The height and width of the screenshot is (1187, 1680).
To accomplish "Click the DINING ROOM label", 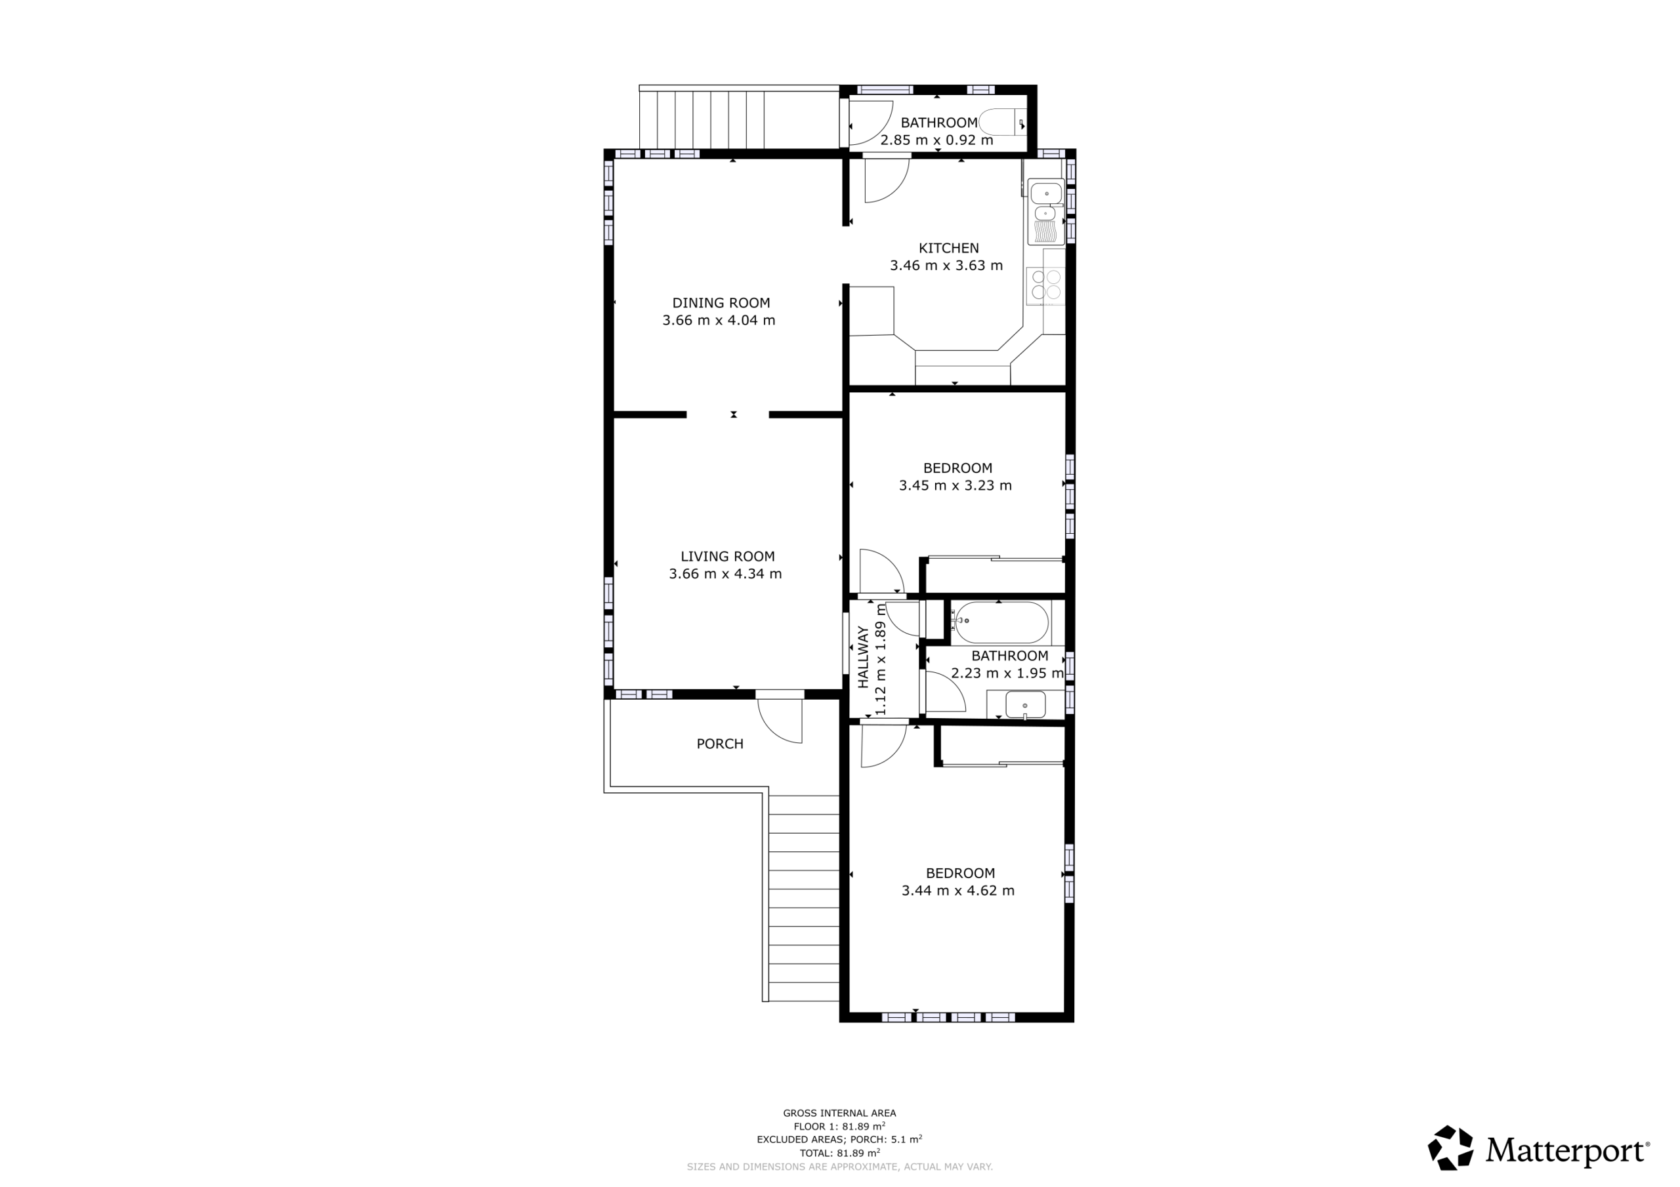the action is click(721, 303).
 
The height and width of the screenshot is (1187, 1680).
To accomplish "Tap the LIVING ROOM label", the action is click(727, 557).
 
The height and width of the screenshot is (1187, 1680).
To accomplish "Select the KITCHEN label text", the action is click(948, 248).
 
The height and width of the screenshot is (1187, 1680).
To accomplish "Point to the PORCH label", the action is click(720, 744).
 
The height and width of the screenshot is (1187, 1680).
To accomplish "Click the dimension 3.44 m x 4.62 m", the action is click(958, 891).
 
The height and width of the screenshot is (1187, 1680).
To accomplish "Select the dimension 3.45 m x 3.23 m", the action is click(955, 486).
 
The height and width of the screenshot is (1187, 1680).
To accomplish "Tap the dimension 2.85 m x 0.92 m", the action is click(936, 140).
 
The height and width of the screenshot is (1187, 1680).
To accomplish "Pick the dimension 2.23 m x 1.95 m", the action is click(1007, 674).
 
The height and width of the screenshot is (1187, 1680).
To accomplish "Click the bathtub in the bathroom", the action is click(1000, 623).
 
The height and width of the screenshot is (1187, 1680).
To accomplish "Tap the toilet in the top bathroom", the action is click(1003, 122).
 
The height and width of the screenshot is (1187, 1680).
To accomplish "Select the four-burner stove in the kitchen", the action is click(1045, 285).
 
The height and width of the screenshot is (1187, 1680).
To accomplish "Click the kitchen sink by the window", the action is click(1046, 212).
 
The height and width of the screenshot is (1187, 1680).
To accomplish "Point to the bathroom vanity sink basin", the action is click(1025, 706).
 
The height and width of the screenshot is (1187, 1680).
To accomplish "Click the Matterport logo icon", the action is click(1450, 1148).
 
